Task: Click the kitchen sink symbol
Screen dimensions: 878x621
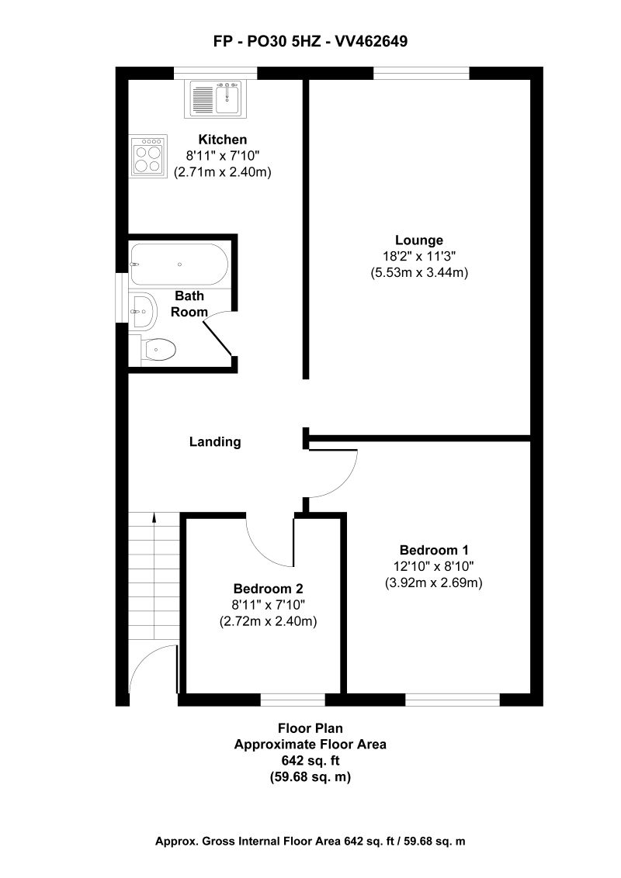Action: click(215, 99)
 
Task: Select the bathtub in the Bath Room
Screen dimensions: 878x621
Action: click(179, 264)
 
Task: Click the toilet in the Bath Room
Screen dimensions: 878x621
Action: click(159, 351)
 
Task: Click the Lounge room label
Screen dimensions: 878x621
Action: click(418, 240)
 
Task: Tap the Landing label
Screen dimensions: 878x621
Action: click(215, 442)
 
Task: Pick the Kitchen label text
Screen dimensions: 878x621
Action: click(223, 140)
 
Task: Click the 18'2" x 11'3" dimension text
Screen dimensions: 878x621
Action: click(418, 257)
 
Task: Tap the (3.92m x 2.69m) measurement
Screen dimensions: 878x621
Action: click(434, 583)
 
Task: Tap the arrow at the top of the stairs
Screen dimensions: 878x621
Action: click(154, 518)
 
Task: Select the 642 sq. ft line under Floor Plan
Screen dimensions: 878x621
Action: click(310, 760)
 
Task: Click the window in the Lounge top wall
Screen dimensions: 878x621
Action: click(422, 74)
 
